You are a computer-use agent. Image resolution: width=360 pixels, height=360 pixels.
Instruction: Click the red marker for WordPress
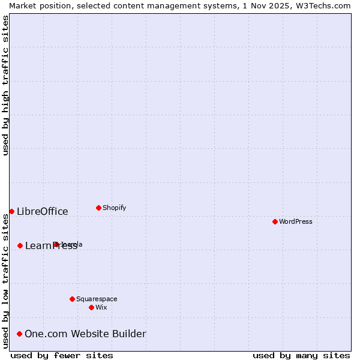[x=275, y=221]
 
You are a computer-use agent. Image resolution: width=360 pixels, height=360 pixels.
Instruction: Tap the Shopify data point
[x=98, y=208]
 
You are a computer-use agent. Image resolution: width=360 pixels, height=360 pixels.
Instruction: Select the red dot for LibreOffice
[x=11, y=211]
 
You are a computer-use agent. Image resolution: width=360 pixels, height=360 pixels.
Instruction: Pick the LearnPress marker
[x=20, y=245]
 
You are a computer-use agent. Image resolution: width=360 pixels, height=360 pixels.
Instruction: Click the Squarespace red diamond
[x=72, y=299]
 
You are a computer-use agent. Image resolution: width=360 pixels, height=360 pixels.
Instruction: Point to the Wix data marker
[x=91, y=307]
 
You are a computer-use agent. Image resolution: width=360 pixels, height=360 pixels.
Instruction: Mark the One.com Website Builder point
[x=19, y=334]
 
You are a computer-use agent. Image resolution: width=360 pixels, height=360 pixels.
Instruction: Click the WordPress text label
[x=296, y=221]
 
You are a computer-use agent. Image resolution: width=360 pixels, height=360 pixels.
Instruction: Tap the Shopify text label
[x=114, y=208]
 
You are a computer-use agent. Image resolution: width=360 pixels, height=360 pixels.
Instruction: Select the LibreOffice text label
[x=43, y=211]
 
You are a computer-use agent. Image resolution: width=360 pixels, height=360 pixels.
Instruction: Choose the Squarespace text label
[x=97, y=299]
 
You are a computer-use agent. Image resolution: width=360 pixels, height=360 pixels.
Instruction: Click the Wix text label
[x=101, y=307]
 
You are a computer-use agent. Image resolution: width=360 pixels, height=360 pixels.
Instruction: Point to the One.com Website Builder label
[x=85, y=334]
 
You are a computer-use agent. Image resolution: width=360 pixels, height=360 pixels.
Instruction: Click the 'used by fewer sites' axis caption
[x=62, y=355]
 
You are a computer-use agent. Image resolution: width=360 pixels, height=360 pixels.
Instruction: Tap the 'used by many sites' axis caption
[x=301, y=355]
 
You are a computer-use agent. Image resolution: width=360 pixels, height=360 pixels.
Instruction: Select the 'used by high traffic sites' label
[x=5, y=85]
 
